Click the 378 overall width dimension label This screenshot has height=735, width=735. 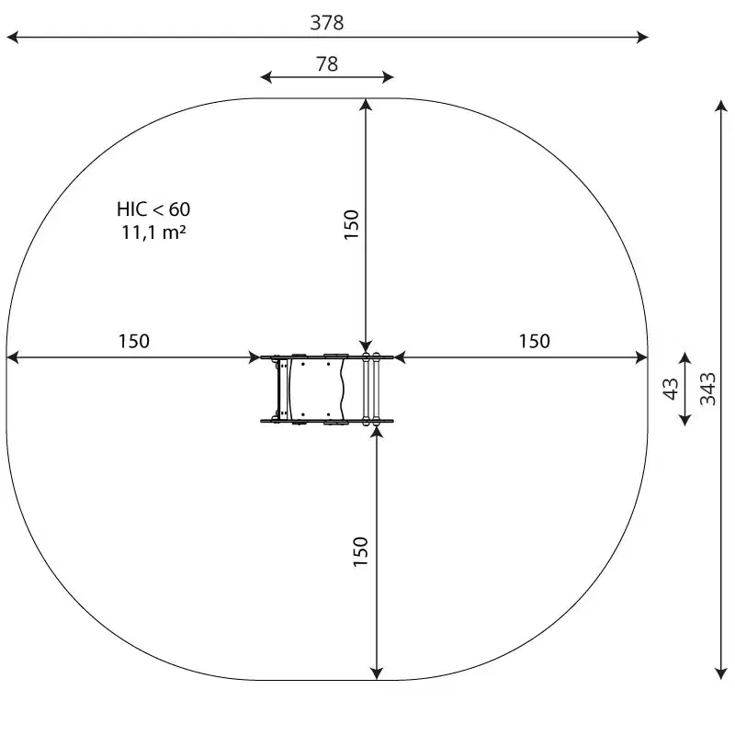pyautogui.click(x=327, y=22)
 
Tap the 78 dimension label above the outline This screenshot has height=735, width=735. pyautogui.click(x=327, y=63)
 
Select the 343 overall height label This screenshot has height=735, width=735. pyautogui.click(x=707, y=389)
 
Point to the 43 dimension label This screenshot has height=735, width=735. pyautogui.click(x=671, y=389)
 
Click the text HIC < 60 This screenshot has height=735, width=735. pyautogui.click(x=153, y=209)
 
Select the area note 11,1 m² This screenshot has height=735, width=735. pyautogui.click(x=153, y=232)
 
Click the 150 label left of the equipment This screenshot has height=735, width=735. pyautogui.click(x=133, y=341)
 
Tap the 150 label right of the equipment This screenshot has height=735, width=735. pyautogui.click(x=534, y=341)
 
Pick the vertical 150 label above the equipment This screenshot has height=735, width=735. pyautogui.click(x=351, y=225)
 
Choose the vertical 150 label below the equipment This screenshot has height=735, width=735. pyautogui.click(x=360, y=552)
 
